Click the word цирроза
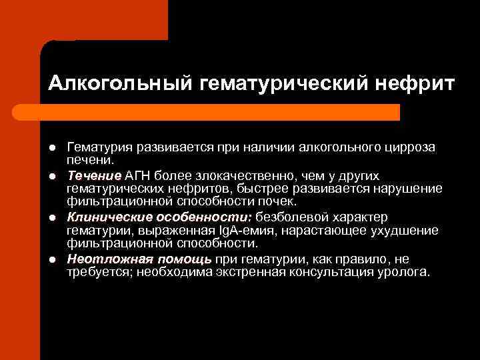click(x=411, y=147)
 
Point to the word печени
click(x=91, y=159)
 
